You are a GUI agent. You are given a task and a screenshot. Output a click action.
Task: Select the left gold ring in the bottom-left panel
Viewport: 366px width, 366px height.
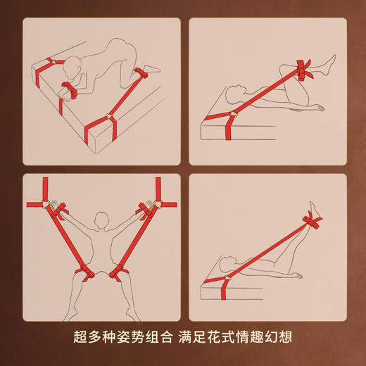(x=50, y=205)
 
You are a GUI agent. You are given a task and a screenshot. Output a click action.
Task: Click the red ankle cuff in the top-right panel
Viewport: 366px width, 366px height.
(x=305, y=69)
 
